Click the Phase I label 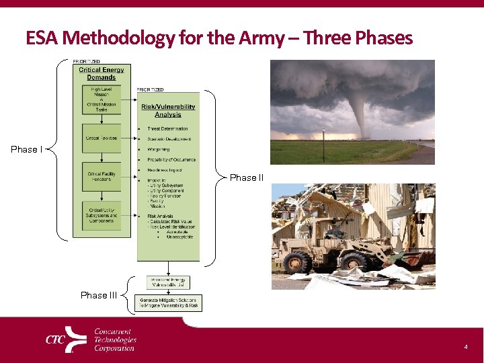click(x=27, y=149)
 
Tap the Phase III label click(x=99, y=295)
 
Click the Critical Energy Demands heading click(x=102, y=73)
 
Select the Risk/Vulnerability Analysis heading click(x=168, y=110)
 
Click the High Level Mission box click(x=102, y=98)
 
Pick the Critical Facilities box click(x=102, y=138)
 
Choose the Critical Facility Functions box click(x=102, y=177)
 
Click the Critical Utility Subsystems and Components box click(x=102, y=215)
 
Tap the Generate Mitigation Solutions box click(x=168, y=302)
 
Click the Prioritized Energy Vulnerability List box click(x=168, y=282)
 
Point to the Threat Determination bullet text click(x=167, y=128)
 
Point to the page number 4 click(x=465, y=347)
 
